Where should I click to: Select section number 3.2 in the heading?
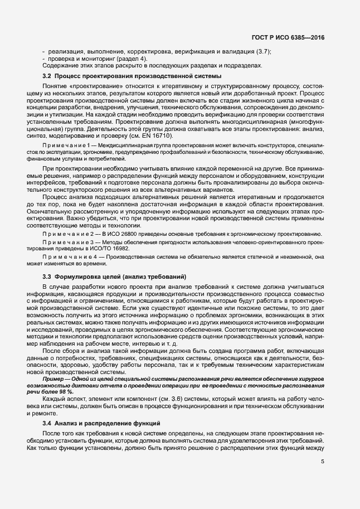pyautogui.click(x=47, y=75)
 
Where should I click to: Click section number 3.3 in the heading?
pyautogui.click(x=47, y=277)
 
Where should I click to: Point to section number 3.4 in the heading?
pyautogui.click(x=47, y=424)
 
